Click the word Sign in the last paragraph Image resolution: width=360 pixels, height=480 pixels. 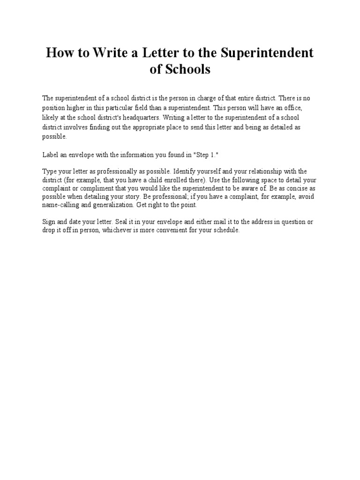pyautogui.click(x=49, y=221)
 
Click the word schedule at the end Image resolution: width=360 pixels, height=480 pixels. pyautogui.click(x=226, y=231)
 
